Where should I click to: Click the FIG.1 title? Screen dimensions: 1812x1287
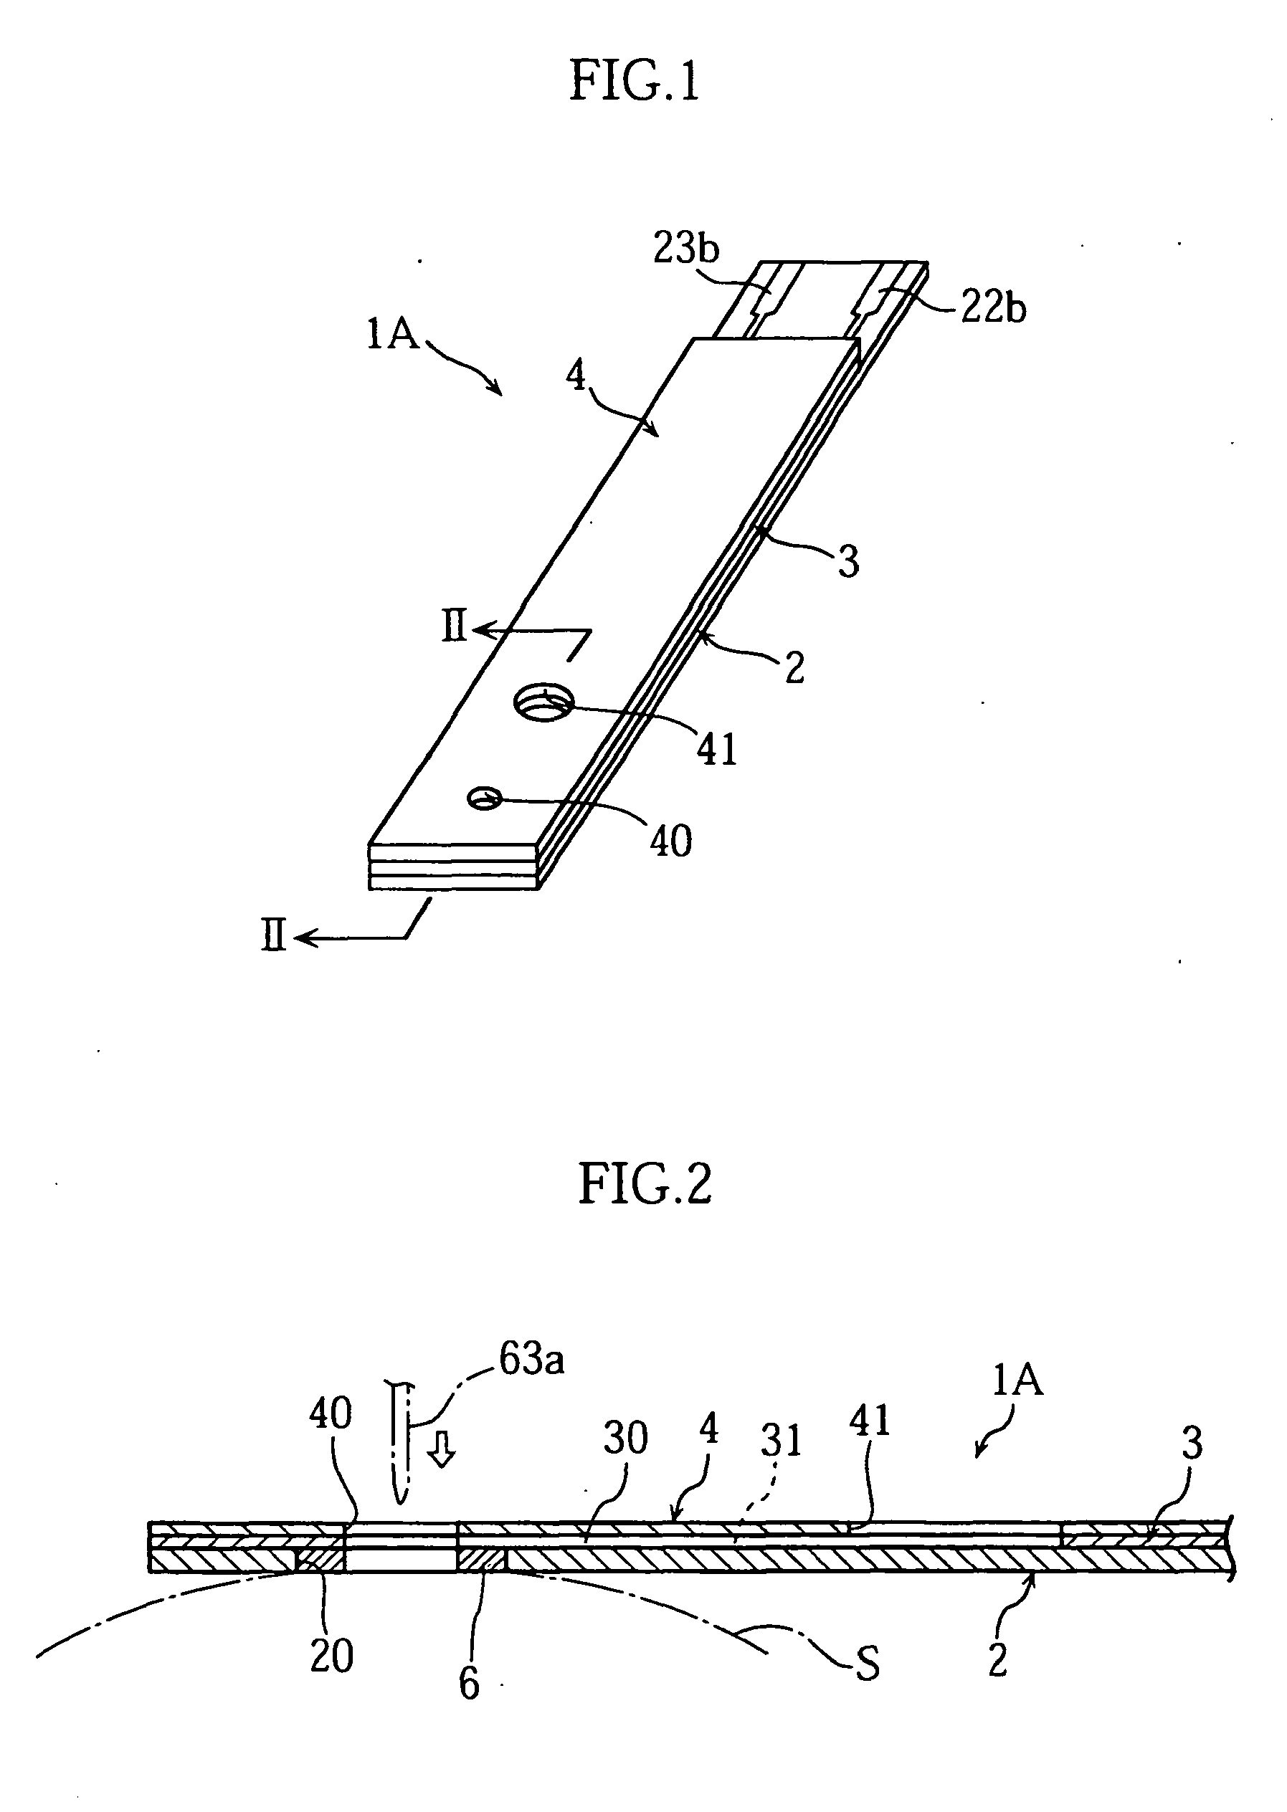coord(635,82)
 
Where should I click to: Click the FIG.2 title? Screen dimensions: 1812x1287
coord(645,1183)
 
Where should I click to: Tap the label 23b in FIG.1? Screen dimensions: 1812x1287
coord(685,249)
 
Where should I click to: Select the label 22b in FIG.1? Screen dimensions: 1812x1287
coord(993,308)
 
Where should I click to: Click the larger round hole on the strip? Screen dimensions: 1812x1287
coord(544,702)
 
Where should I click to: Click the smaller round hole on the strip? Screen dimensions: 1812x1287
coord(483,798)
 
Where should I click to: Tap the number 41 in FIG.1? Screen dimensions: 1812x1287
coord(717,749)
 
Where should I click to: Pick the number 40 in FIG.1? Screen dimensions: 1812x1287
coord(670,841)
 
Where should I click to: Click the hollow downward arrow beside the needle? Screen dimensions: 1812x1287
coord(442,1452)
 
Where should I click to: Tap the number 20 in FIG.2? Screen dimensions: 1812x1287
coord(331,1655)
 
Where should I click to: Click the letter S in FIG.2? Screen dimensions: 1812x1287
coord(868,1666)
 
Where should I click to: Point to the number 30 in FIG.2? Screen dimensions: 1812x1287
coord(625,1437)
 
